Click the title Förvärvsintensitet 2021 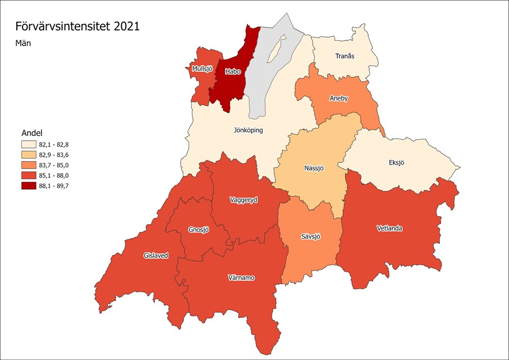77,26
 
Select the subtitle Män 23,43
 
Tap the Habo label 232,71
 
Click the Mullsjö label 201,69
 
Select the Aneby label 339,98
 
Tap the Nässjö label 315,167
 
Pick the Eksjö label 397,162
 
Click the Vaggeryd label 244,199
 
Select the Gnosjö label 199,230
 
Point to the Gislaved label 155,255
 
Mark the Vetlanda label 389,228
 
